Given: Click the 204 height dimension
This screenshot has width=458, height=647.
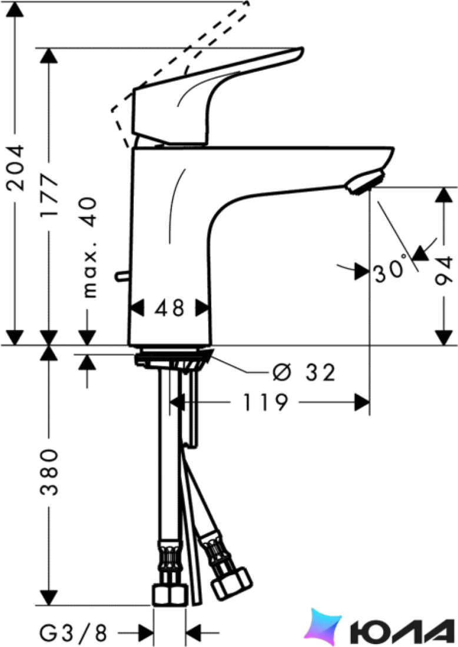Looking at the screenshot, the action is pyautogui.click(x=16, y=168).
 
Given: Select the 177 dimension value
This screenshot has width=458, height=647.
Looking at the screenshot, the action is pyautogui.click(x=49, y=196).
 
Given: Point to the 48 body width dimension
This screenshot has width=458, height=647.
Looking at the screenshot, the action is pyautogui.click(x=170, y=308).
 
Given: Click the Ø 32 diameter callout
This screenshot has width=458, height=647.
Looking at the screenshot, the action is pyautogui.click(x=304, y=372).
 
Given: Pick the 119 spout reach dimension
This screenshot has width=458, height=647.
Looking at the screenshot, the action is pyautogui.click(x=265, y=402).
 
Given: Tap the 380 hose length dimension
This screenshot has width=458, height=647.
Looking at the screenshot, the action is pyautogui.click(x=49, y=472).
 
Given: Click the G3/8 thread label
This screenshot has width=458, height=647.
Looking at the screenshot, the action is pyautogui.click(x=73, y=632).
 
